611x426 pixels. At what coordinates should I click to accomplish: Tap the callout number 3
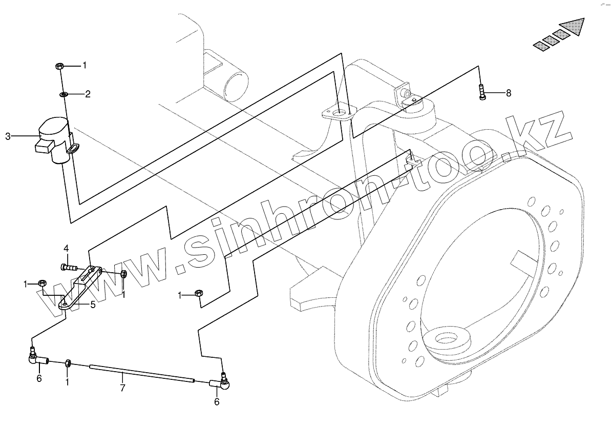tap(8, 136)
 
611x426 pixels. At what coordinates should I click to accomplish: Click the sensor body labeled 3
tap(54, 138)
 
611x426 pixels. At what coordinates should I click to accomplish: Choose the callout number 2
tap(88, 94)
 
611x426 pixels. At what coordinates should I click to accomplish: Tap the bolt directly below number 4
tap(69, 266)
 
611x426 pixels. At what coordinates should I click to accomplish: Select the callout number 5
tap(93, 305)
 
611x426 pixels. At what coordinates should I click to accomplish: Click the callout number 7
tap(122, 388)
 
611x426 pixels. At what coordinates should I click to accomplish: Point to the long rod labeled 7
tap(142, 373)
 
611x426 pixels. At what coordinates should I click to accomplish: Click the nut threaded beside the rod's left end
tap(68, 364)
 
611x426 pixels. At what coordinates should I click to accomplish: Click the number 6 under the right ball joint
tap(217, 402)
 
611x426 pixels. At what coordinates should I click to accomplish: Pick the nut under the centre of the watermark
tap(199, 294)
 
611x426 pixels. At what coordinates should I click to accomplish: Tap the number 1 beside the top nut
tap(85, 66)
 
